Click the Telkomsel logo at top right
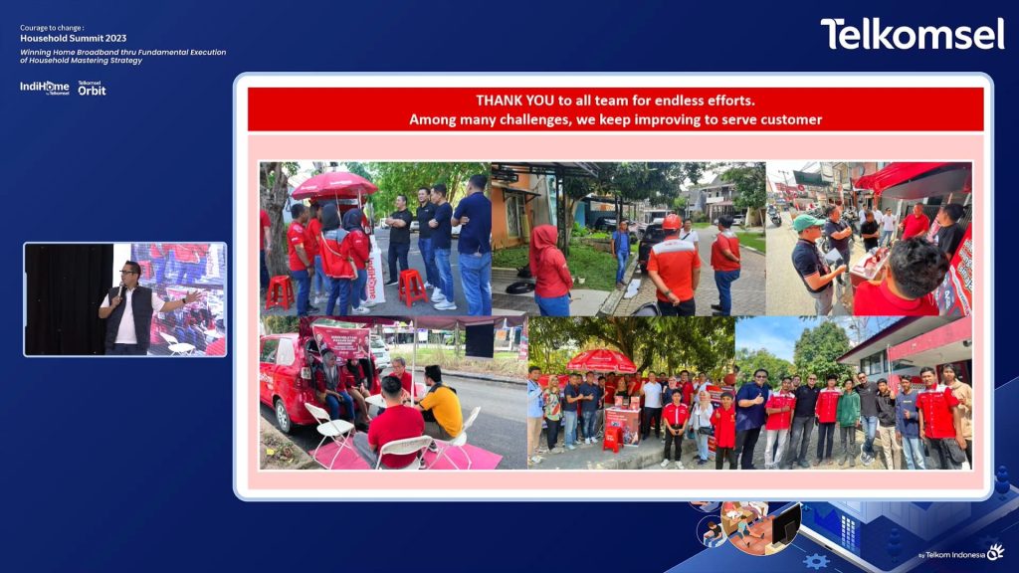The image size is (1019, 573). [912, 34]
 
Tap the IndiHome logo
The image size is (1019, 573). [45, 88]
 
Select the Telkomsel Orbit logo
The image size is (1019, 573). [92, 89]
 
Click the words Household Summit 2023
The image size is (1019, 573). [74, 39]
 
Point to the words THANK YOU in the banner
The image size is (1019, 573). [510, 100]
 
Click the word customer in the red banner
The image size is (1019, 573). [788, 119]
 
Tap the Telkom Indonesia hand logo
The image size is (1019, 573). [995, 552]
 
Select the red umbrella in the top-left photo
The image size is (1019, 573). [333, 185]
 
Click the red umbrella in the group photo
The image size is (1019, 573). [601, 360]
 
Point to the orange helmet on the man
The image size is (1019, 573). [673, 222]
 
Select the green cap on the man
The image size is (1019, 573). [807, 222]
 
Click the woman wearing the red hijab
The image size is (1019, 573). [550, 267]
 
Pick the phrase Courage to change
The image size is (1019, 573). [52, 28]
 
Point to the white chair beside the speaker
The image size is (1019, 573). [177, 343]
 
